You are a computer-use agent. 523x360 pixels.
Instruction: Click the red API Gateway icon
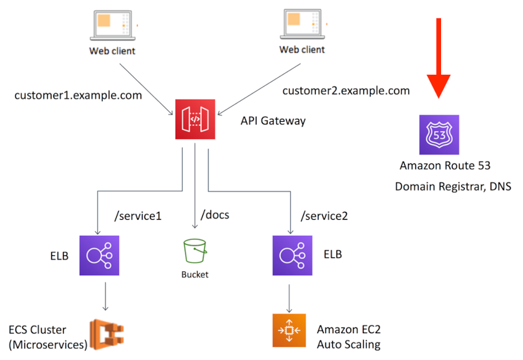pyautogui.click(x=195, y=119)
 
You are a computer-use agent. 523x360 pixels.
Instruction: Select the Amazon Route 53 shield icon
pyautogui.click(x=439, y=135)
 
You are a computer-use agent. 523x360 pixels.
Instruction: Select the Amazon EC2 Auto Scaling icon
pyautogui.click(x=292, y=331)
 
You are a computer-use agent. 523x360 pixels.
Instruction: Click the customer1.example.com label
pyautogui.click(x=78, y=95)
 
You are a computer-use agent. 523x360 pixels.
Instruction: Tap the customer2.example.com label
pyautogui.click(x=346, y=91)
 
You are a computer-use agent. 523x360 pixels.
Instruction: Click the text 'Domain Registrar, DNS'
pyautogui.click(x=453, y=187)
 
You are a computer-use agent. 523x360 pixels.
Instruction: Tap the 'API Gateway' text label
pyautogui.click(x=272, y=121)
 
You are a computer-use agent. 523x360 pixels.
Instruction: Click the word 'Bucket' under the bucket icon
pyautogui.click(x=195, y=274)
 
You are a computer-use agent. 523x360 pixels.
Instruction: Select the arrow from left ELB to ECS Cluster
pyautogui.click(x=106, y=296)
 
